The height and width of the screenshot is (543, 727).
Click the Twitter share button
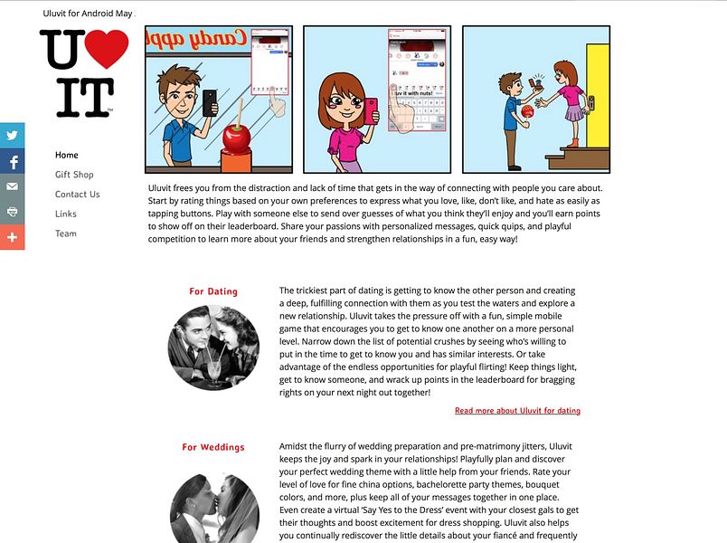tap(13, 136)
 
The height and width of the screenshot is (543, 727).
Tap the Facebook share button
tap(13, 161)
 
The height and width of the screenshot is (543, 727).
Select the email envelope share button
tap(13, 186)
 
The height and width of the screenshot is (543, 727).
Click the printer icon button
tap(13, 212)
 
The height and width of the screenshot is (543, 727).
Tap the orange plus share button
tap(13, 237)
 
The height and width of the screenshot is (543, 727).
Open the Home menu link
tap(67, 155)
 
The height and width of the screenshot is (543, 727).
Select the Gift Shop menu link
tap(74, 175)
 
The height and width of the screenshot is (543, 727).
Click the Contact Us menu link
tap(77, 194)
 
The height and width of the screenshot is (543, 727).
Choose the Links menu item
tap(66, 214)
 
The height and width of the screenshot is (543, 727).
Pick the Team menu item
tap(66, 233)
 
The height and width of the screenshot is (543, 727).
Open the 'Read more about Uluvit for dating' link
tap(517, 411)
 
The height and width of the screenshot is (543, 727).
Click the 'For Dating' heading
tap(213, 291)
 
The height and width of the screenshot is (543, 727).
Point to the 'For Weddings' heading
tap(213, 447)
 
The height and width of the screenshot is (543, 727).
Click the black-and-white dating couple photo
tap(213, 347)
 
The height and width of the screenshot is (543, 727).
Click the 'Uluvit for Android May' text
tap(88, 14)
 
